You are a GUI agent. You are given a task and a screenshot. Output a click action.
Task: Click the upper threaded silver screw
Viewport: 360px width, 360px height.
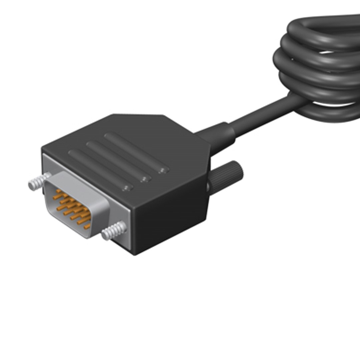38,182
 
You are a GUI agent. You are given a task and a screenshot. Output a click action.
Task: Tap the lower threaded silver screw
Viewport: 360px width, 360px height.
114,230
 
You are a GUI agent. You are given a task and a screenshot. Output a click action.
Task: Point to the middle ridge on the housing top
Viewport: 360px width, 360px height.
117,160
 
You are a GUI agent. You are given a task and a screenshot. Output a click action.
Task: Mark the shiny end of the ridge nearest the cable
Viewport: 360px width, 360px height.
163,170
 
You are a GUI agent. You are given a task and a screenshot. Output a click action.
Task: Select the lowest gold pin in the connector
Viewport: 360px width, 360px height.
87,227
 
